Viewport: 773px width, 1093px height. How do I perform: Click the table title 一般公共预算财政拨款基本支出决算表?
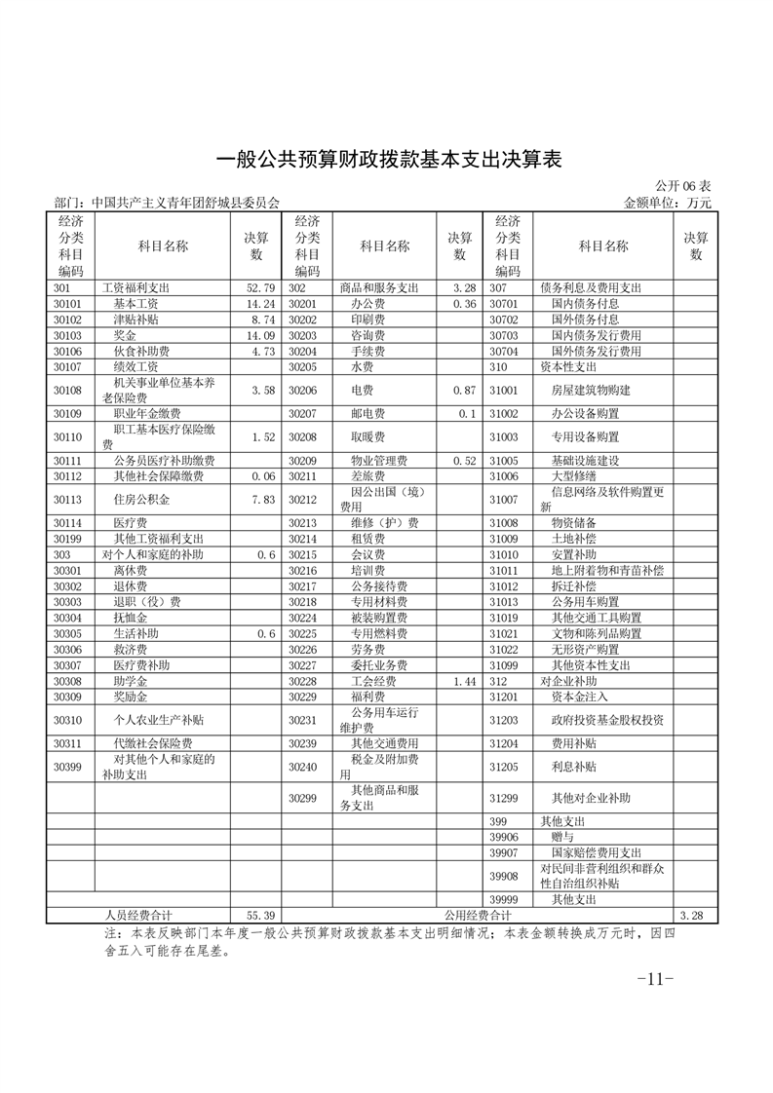pos(387,159)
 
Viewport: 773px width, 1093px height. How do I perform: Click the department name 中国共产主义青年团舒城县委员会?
pos(185,204)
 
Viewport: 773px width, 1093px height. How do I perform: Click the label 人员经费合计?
pos(138,916)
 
